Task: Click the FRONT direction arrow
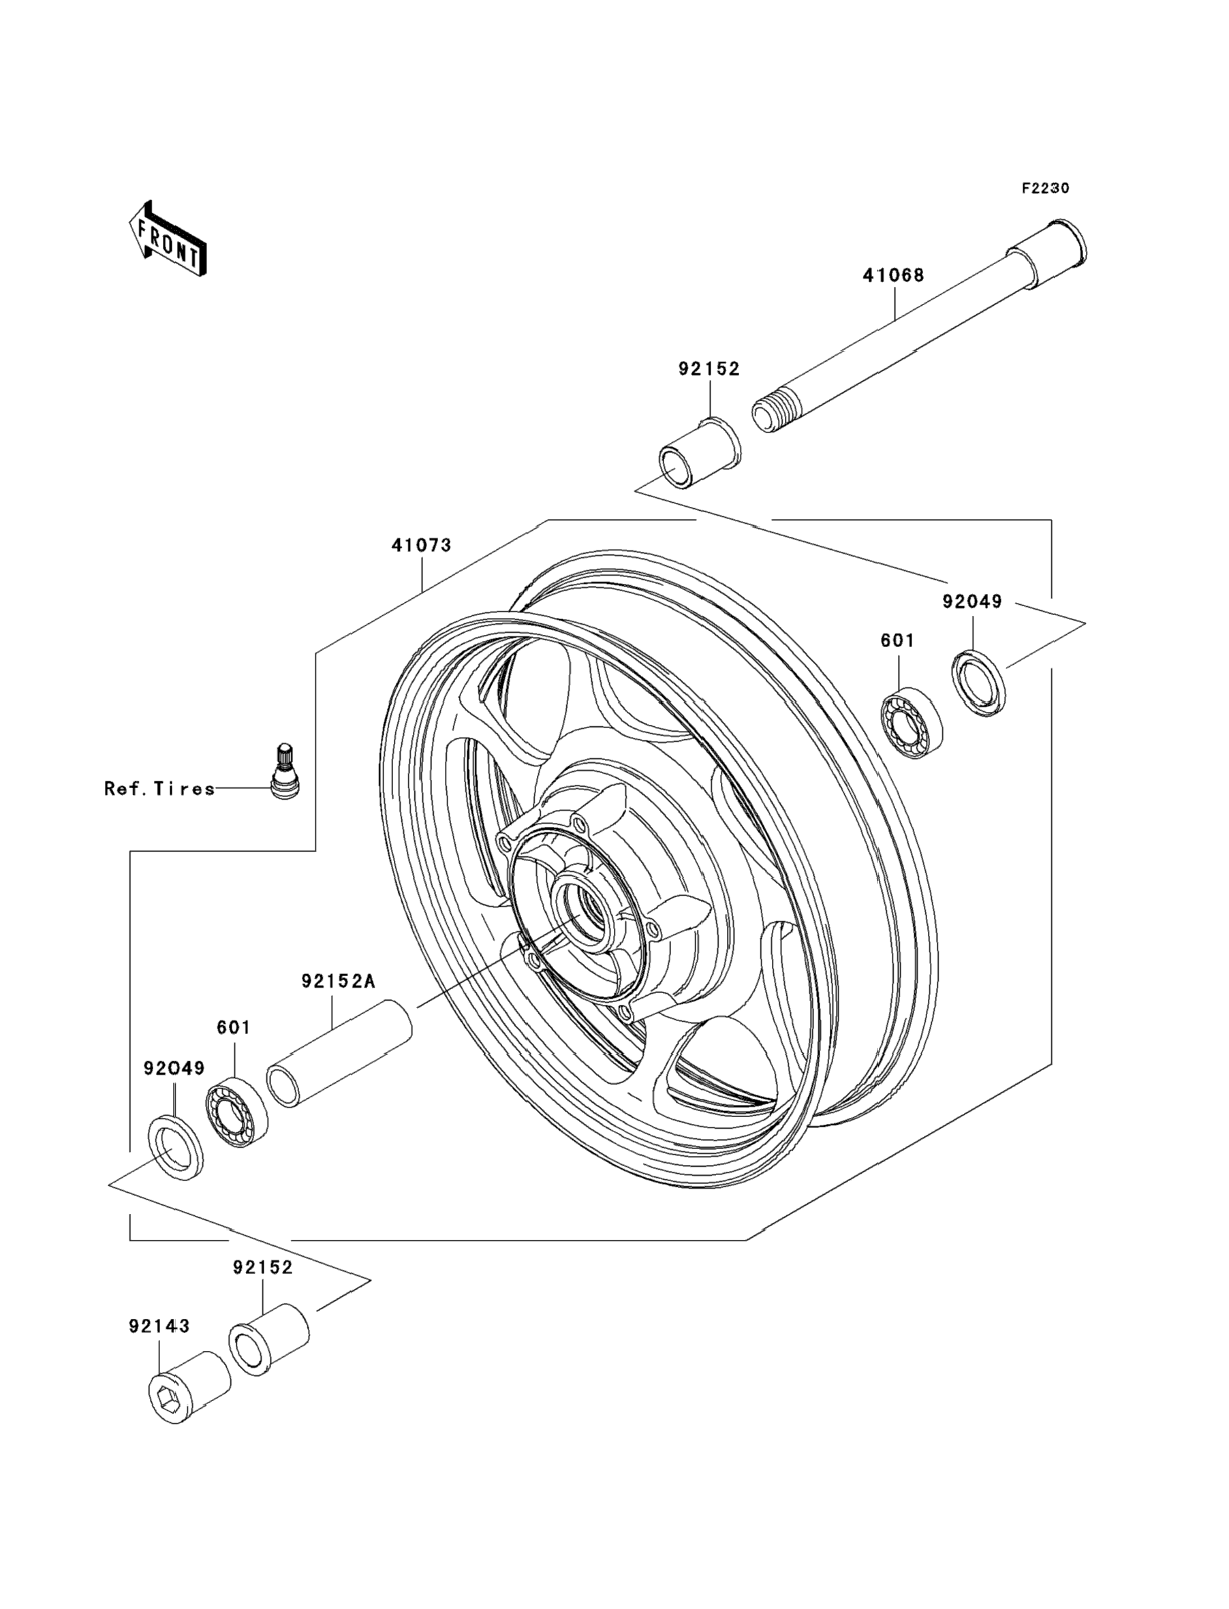pyautogui.click(x=168, y=240)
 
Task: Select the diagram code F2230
pyautogui.click(x=1045, y=189)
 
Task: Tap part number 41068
pyautogui.click(x=893, y=276)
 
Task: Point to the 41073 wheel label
pyautogui.click(x=422, y=545)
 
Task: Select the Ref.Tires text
pyautogui.click(x=159, y=788)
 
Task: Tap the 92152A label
pyautogui.click(x=338, y=981)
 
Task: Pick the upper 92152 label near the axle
pyautogui.click(x=709, y=369)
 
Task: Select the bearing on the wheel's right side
pyautogui.click(x=911, y=722)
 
